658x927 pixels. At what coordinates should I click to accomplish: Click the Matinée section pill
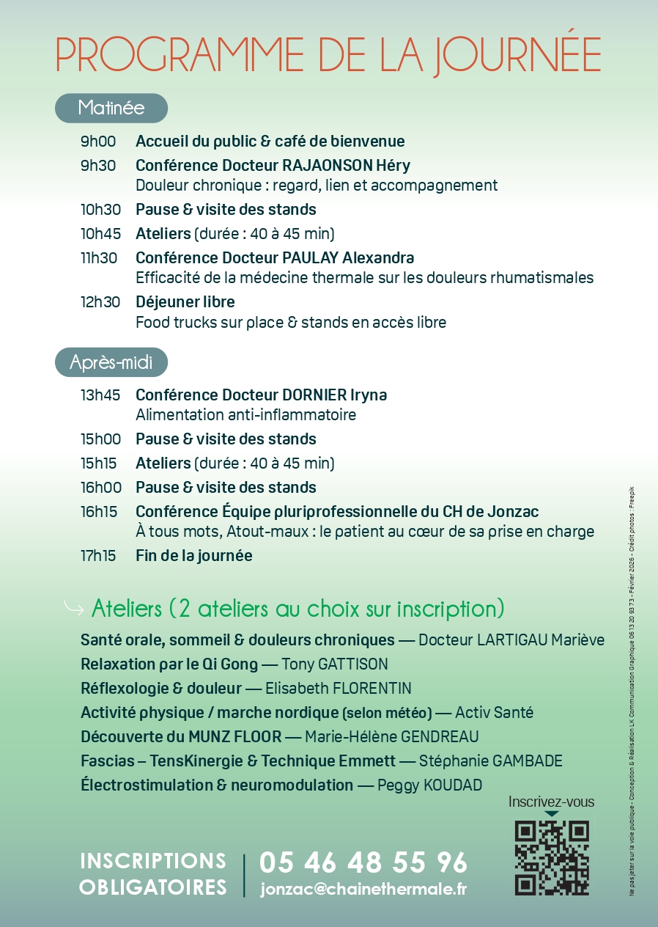point(111,108)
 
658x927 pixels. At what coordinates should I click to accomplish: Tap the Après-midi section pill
point(111,362)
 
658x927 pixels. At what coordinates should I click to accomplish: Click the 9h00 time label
point(98,142)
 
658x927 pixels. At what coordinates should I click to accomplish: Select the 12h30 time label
point(99,302)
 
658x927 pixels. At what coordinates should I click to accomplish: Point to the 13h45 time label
point(100,395)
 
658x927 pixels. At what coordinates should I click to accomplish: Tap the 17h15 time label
point(98,556)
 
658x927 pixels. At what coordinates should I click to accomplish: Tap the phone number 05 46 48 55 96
point(363,862)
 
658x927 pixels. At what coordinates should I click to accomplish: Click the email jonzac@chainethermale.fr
point(363,890)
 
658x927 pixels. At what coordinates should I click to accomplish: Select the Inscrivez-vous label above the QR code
point(551,802)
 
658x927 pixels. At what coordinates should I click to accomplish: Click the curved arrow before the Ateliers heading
point(73,608)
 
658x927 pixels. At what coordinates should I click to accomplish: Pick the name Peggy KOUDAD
point(429,785)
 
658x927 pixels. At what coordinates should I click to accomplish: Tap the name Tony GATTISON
point(335,664)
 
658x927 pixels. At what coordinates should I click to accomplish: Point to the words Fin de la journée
point(194,556)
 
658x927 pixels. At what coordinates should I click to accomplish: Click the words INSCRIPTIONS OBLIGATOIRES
point(153,874)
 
